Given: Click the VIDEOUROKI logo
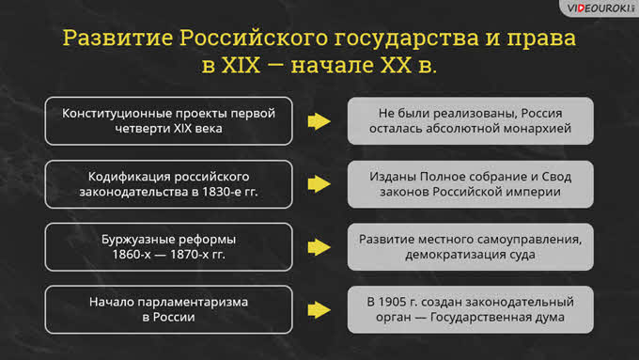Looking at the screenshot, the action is point(600,8).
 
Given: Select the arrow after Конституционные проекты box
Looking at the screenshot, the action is point(319,121).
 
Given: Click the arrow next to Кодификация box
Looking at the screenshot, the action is point(319,184).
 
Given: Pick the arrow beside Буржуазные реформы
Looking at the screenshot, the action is point(319,247).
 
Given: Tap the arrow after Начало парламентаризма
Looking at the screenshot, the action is point(319,310).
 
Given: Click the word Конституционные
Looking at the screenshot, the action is point(117,114).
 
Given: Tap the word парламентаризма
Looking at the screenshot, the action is point(193,303).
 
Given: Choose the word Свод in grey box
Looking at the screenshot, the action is point(556,177).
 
